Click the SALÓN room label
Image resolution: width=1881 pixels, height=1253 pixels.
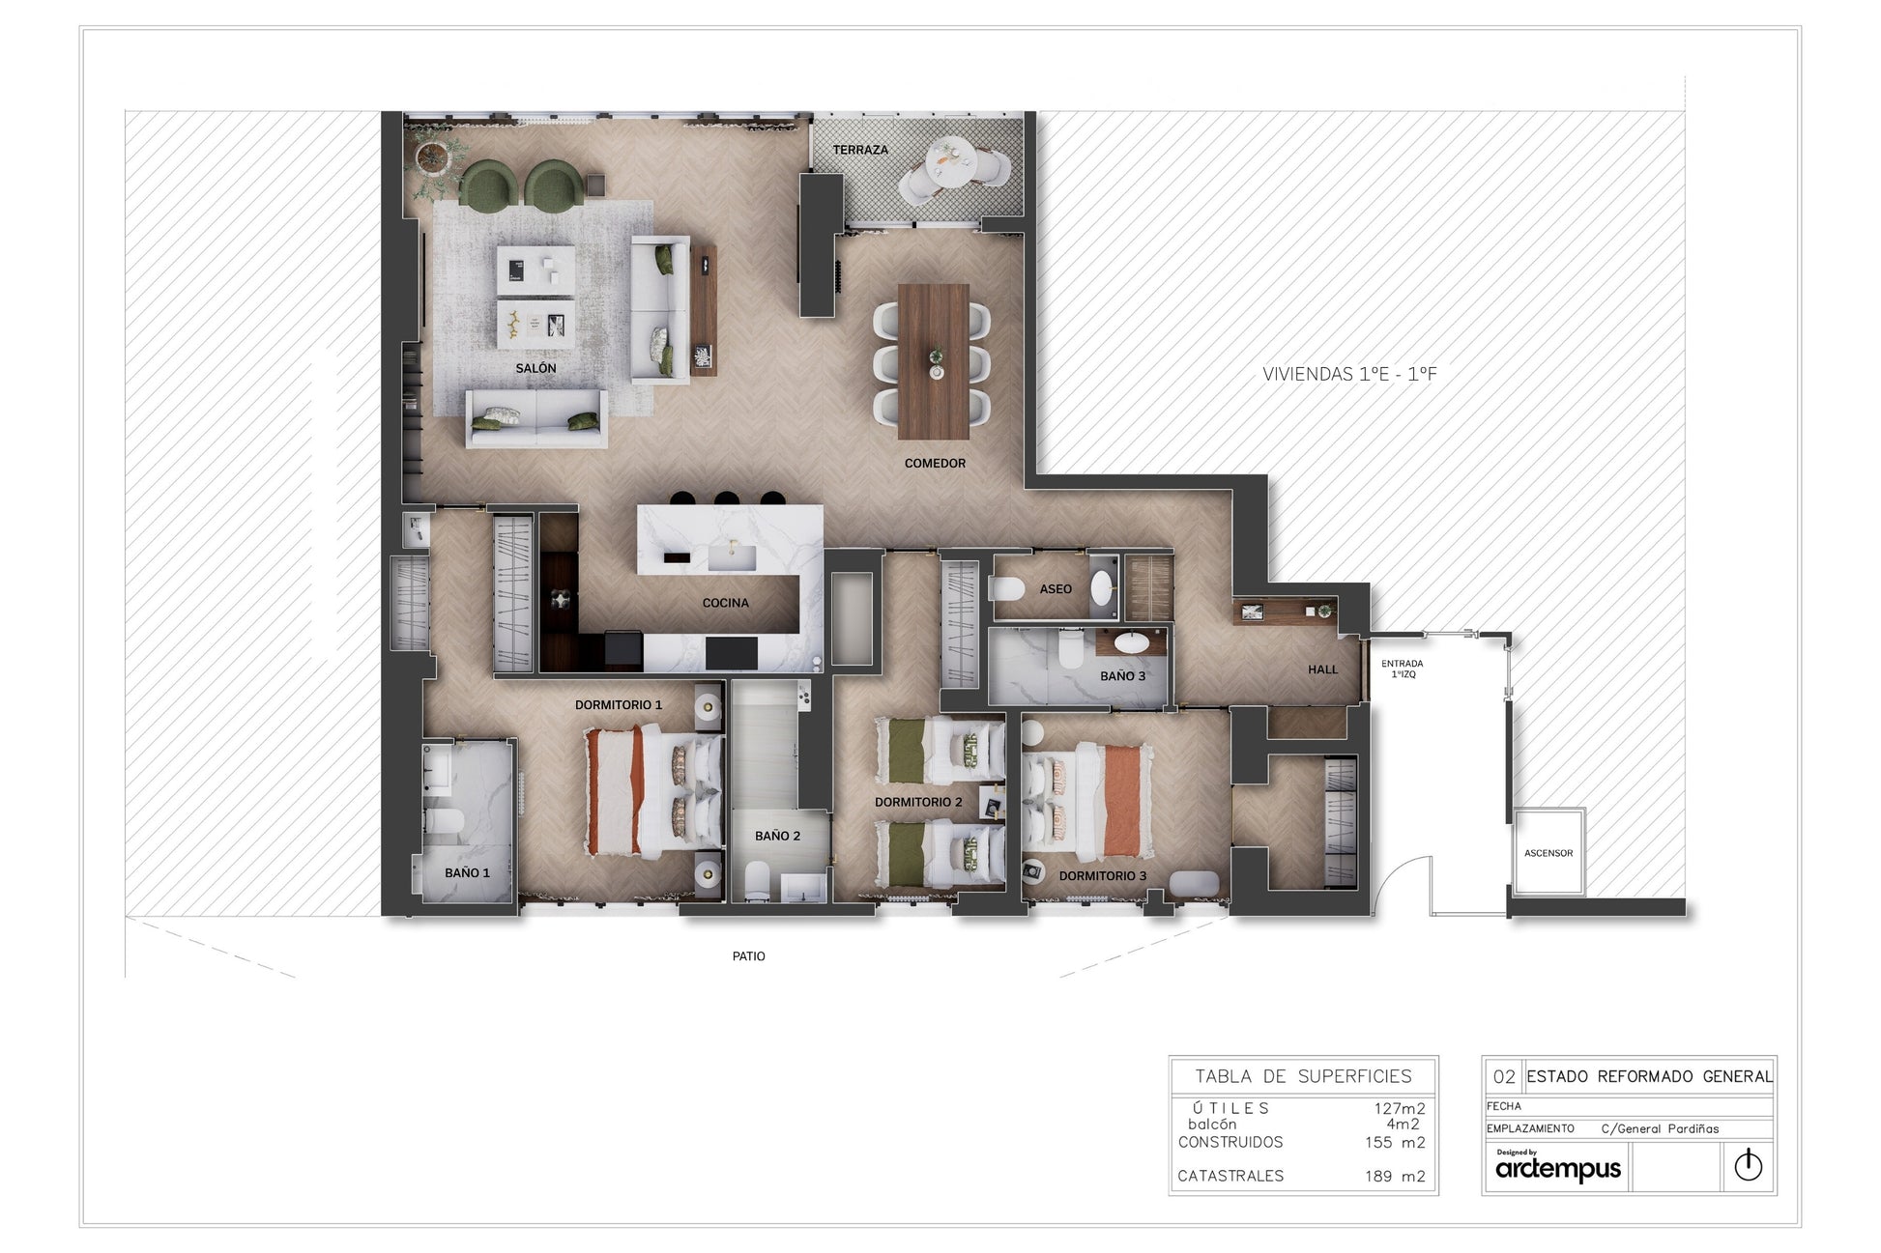point(535,368)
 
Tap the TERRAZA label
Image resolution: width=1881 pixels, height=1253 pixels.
point(860,150)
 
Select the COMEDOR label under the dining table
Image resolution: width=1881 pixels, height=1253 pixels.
point(935,464)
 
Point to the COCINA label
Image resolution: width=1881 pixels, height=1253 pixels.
point(725,603)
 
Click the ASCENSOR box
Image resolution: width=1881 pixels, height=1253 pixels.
point(1548,853)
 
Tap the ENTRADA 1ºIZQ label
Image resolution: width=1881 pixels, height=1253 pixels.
point(1402,669)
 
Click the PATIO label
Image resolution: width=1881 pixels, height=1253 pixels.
point(748,956)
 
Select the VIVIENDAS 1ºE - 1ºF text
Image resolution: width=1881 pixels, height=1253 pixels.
point(1349,374)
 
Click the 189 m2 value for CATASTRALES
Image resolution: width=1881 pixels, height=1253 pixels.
point(1394,1176)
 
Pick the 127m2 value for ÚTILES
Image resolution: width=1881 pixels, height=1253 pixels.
point(1400,1109)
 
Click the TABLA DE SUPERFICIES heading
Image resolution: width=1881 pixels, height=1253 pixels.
point(1303,1076)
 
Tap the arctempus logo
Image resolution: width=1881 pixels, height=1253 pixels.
point(1558,1167)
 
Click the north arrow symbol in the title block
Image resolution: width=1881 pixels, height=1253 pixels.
point(1748,1166)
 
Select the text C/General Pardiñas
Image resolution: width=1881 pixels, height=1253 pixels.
point(1660,1128)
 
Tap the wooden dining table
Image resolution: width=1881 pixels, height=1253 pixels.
point(934,361)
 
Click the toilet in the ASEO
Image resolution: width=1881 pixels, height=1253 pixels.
point(1009,588)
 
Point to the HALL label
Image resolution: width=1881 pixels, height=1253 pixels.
point(1322,669)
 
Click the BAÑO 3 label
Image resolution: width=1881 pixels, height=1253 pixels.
point(1122,676)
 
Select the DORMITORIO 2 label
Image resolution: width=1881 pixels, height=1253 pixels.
point(918,802)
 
